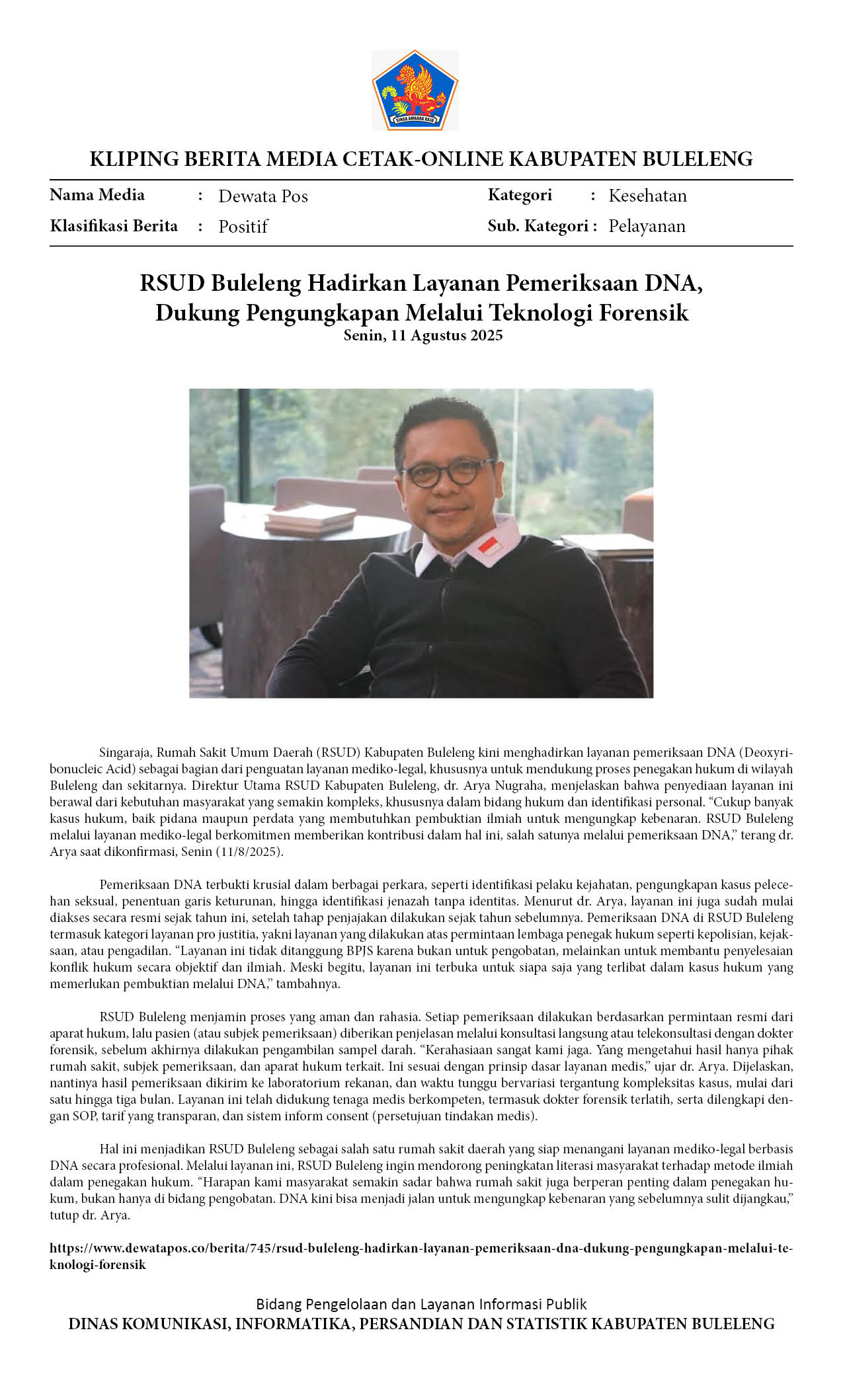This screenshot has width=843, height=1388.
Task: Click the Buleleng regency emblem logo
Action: [x=415, y=90]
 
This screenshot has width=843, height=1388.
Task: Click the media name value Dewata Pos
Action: [x=263, y=196]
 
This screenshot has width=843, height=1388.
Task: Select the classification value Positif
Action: [x=243, y=227]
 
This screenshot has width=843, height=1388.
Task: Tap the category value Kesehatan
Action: [x=647, y=196]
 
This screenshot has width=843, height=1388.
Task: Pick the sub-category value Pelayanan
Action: [x=647, y=226]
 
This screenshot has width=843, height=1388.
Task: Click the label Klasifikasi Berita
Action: [x=114, y=226]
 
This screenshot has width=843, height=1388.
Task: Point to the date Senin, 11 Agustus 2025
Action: [x=422, y=335]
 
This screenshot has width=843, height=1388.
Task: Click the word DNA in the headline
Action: [x=673, y=283]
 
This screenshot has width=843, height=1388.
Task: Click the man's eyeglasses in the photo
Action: [x=448, y=472]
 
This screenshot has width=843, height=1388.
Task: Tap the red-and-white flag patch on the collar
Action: [x=489, y=546]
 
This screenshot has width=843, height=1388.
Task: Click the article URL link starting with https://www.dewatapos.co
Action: [x=421, y=1249]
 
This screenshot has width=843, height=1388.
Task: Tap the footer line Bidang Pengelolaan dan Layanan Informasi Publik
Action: [x=421, y=1304]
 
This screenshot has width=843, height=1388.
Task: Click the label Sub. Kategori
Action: [x=538, y=226]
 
